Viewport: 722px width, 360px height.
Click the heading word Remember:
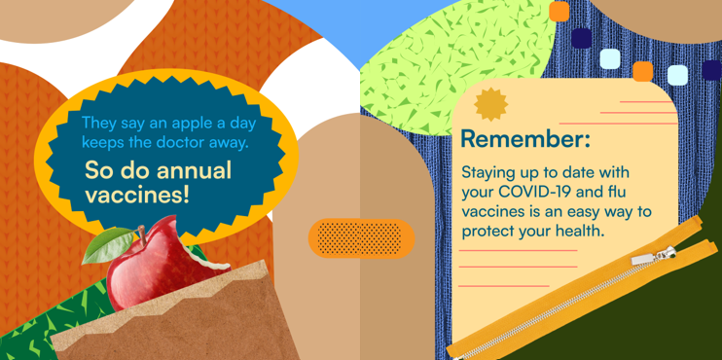(x=524, y=138)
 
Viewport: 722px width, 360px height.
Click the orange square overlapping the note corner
(x=642, y=71)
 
